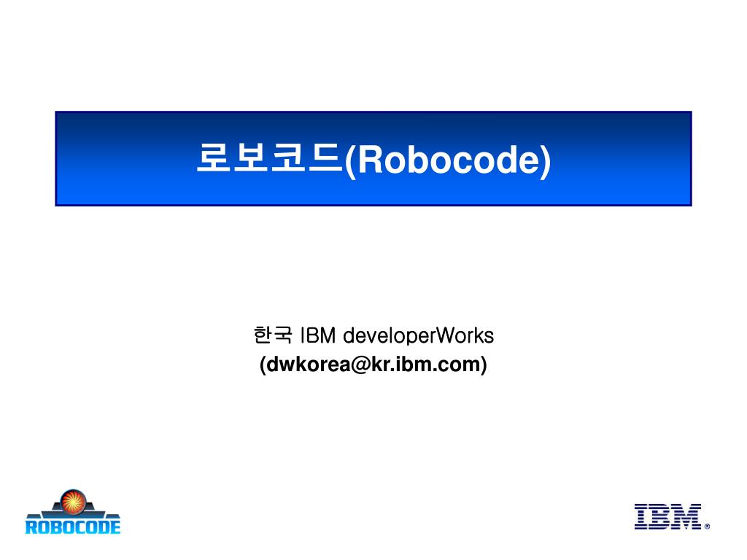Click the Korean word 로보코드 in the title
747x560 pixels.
point(268,159)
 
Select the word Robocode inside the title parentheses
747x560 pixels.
point(447,160)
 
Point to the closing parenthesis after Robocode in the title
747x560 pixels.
point(546,160)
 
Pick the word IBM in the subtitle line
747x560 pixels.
point(317,335)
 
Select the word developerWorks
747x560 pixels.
point(418,335)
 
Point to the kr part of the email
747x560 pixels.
point(379,363)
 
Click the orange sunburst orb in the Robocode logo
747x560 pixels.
point(72,501)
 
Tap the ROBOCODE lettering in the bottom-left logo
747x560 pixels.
point(72,525)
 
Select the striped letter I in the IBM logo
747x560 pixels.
point(643,516)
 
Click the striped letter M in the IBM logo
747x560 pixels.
point(687,516)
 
